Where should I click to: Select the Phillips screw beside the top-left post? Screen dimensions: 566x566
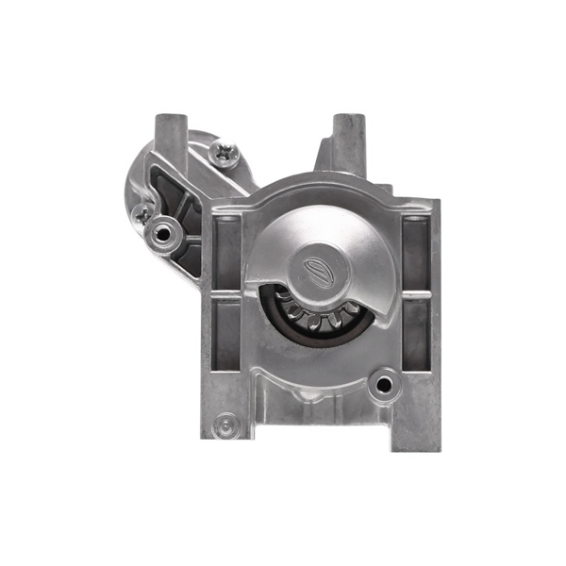click(x=225, y=153)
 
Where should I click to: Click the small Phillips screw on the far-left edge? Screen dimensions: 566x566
click(x=141, y=213)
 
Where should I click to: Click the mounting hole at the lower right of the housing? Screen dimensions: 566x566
click(x=382, y=383)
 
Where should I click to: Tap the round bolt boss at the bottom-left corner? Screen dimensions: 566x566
click(x=224, y=426)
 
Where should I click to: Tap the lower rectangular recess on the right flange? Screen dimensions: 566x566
click(x=414, y=336)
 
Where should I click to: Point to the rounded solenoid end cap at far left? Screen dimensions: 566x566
click(x=138, y=179)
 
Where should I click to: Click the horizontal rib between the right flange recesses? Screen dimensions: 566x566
click(x=414, y=294)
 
